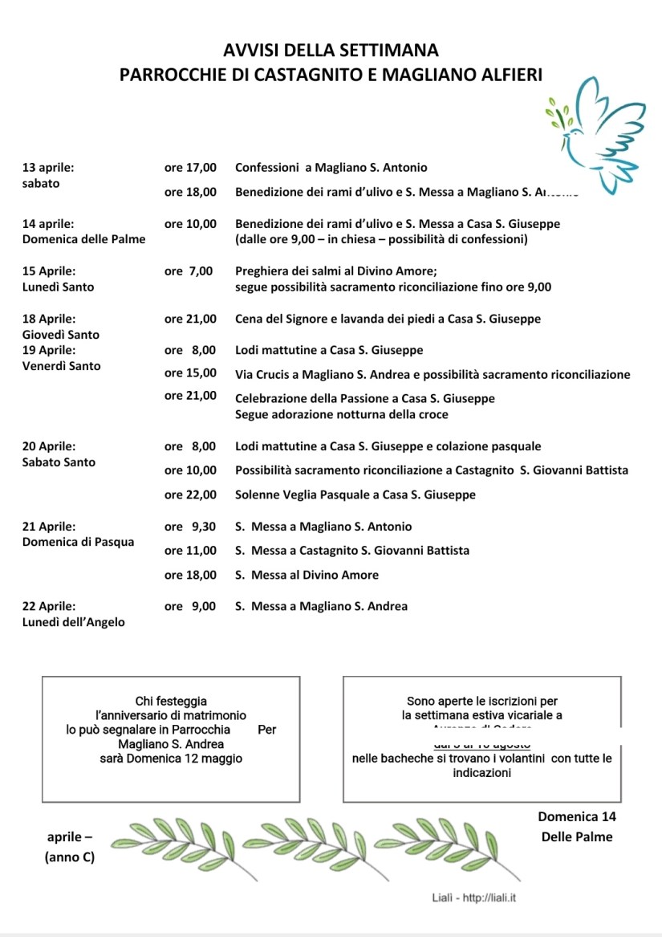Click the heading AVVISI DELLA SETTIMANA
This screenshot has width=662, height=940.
click(x=331, y=51)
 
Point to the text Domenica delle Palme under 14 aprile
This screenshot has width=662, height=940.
click(x=83, y=239)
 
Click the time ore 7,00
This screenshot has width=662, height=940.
click(x=189, y=271)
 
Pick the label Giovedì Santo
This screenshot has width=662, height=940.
click(x=61, y=335)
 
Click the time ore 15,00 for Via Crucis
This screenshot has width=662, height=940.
click(x=190, y=373)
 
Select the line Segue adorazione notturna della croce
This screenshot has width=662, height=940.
click(x=342, y=415)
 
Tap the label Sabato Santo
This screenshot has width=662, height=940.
click(x=59, y=462)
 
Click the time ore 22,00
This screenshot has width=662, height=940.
click(x=190, y=495)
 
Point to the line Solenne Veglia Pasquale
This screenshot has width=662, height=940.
click(x=355, y=495)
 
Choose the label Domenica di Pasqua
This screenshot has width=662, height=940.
click(x=78, y=542)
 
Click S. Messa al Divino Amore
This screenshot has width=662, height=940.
click(x=307, y=575)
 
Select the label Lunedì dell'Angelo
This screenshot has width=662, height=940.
click(x=74, y=622)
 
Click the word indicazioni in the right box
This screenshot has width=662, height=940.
click(x=481, y=772)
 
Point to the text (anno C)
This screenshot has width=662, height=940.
click(x=69, y=857)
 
